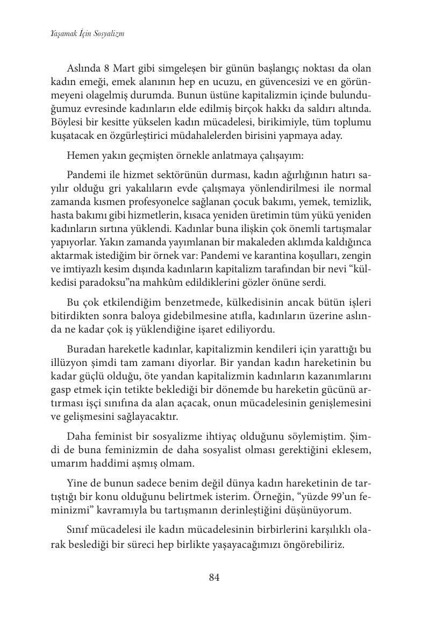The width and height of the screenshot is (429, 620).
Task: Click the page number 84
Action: tap(214, 577)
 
